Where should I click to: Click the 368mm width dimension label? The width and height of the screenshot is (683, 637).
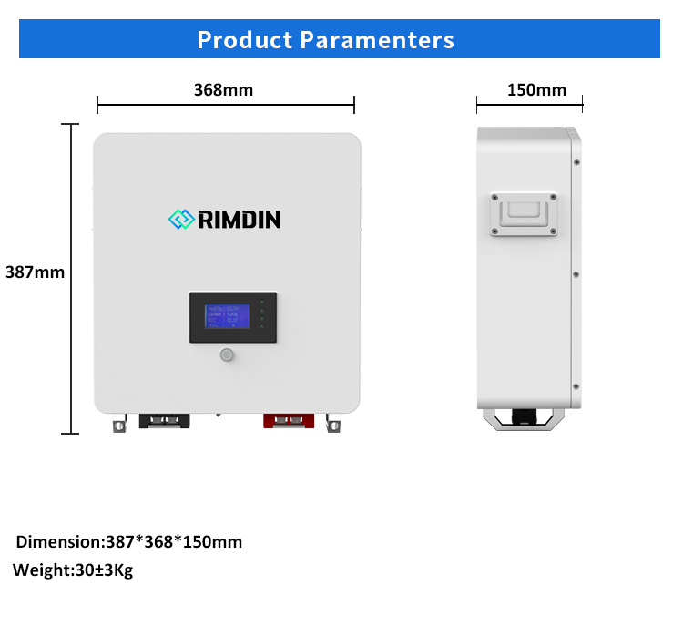tap(224, 89)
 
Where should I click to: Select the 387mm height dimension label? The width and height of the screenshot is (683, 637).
tap(35, 272)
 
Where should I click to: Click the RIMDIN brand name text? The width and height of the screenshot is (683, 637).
tap(240, 220)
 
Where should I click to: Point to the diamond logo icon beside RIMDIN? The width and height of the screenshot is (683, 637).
tap(182, 220)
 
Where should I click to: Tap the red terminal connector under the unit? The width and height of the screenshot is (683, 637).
tap(289, 420)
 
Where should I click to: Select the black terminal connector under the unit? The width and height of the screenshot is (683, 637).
tap(165, 420)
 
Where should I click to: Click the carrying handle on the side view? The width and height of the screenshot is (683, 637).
tap(523, 213)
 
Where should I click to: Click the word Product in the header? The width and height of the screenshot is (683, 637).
tap(243, 40)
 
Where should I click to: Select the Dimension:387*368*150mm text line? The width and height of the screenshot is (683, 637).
tap(129, 542)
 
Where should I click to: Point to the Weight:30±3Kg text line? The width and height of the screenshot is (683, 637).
tap(73, 571)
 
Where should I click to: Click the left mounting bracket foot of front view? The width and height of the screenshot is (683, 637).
tap(118, 425)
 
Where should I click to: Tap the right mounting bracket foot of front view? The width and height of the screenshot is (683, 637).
tap(335, 425)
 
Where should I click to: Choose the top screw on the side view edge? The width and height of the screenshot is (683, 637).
tap(577, 163)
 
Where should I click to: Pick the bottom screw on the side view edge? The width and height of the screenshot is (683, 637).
tap(577, 385)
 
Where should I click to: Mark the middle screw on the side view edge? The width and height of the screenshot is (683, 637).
tap(577, 273)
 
